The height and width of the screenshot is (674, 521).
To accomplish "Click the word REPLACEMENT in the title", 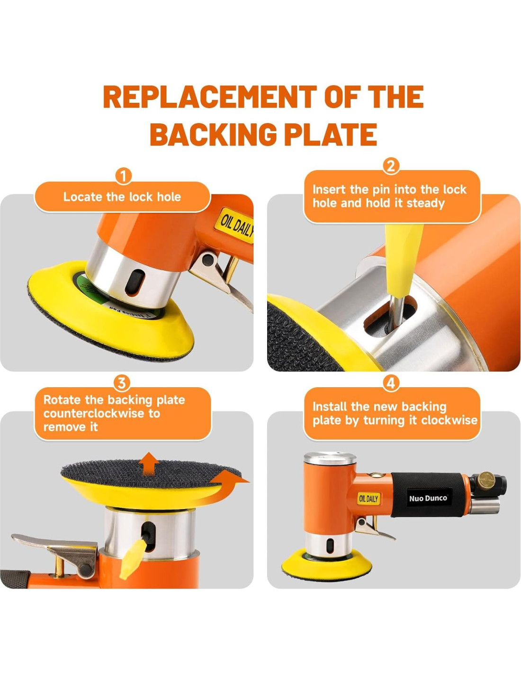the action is click(x=210, y=97).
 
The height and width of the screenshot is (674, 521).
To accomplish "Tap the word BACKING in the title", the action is click(x=213, y=134).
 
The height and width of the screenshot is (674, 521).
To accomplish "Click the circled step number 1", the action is click(x=123, y=176).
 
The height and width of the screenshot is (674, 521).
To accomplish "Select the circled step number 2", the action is click(x=391, y=166).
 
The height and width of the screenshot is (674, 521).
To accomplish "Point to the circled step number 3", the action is click(x=122, y=383).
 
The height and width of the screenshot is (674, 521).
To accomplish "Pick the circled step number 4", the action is click(x=391, y=383).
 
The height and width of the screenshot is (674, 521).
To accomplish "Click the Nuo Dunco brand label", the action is click(x=428, y=498).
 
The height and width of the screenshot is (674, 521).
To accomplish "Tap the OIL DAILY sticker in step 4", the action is click(x=368, y=499).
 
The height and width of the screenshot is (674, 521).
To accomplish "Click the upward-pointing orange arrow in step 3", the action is click(x=149, y=463).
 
